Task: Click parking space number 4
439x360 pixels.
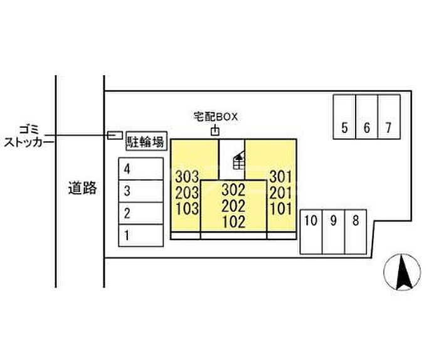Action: coord(141,169)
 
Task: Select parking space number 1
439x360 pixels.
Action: coord(141,235)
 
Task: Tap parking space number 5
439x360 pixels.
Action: coord(344,117)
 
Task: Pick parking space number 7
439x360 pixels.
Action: coord(389,117)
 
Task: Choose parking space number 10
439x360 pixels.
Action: coord(311,232)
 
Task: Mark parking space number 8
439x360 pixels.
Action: coord(356,232)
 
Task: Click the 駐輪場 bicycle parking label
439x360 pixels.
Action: coord(146,141)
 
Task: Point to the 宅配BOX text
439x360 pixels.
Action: coord(216,117)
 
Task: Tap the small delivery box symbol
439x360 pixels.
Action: coord(215,130)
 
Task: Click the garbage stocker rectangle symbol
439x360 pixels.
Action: coord(115,135)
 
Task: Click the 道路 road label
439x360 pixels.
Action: coord(83,188)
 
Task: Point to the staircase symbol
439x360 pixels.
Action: coord(239,160)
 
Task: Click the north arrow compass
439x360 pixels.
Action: coord(402,272)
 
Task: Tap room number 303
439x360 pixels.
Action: coord(187,177)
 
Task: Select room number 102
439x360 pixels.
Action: coord(234,222)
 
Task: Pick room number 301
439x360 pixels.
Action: coord(281,177)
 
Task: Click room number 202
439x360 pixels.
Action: coord(233,206)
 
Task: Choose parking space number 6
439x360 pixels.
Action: coord(367,117)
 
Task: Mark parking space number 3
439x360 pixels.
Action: coord(141,191)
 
